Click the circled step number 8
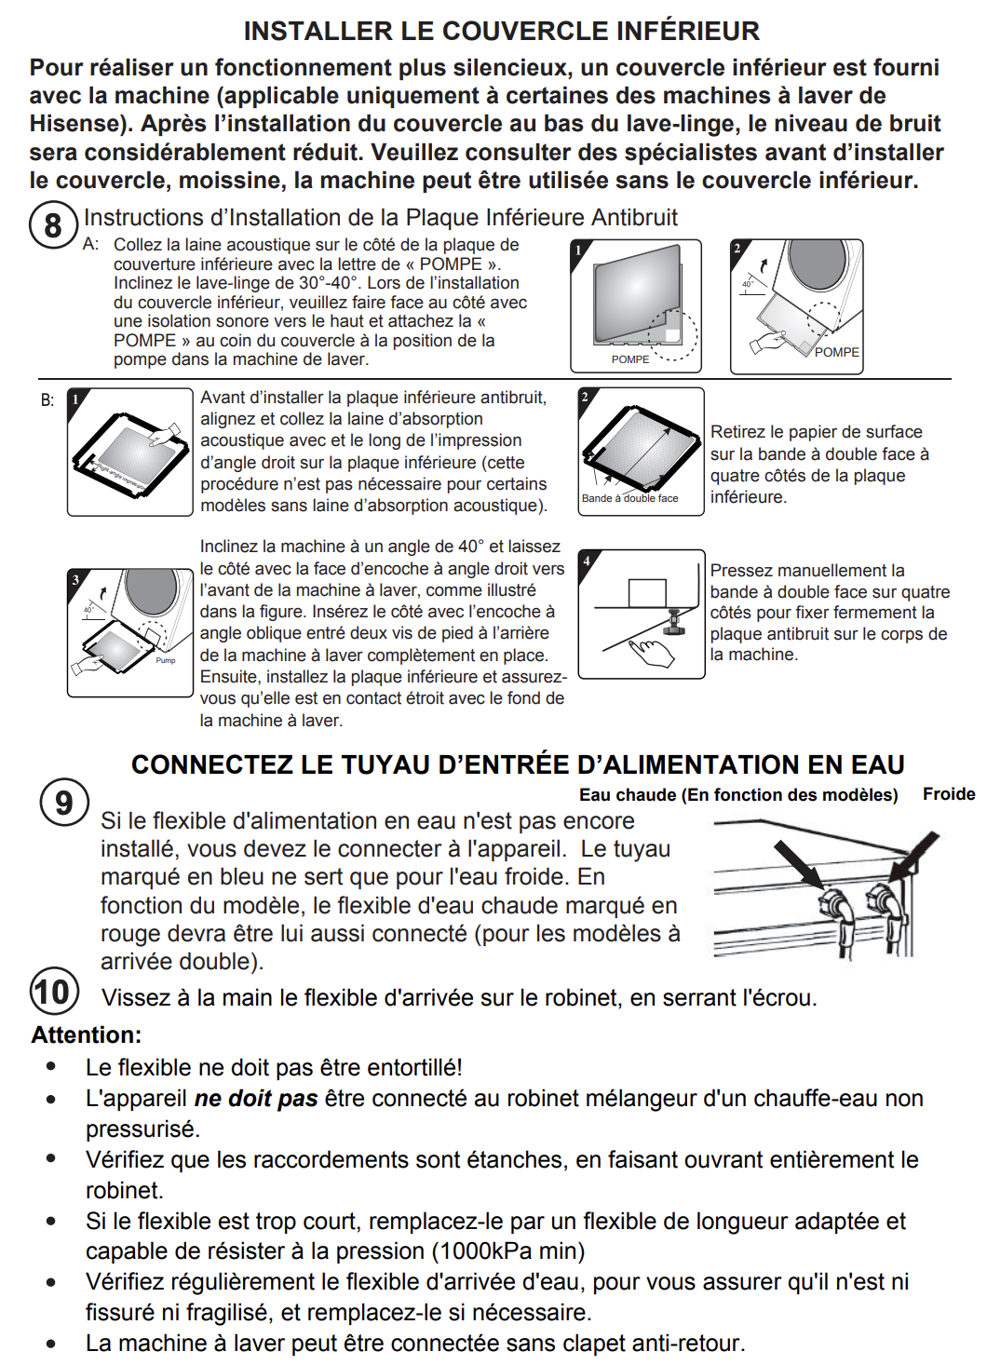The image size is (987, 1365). pyautogui.click(x=52, y=225)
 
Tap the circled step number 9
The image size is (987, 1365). pyautogui.click(x=63, y=803)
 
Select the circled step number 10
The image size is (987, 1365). pyautogui.click(x=53, y=992)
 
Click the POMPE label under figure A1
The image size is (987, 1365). pyautogui.click(x=630, y=359)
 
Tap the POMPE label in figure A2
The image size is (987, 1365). pyautogui.click(x=836, y=352)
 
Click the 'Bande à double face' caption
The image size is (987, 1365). pyautogui.click(x=629, y=498)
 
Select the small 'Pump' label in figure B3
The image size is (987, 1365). pyautogui.click(x=166, y=660)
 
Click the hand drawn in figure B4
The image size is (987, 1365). pyautogui.click(x=652, y=650)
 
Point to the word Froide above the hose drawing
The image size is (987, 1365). pyautogui.click(x=948, y=794)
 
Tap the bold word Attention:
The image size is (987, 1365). pyautogui.click(x=87, y=1034)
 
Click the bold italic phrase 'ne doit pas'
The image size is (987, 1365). pyautogui.click(x=256, y=1099)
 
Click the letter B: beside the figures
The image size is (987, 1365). pyautogui.click(x=47, y=400)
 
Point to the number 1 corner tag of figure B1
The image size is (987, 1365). pyautogui.click(x=75, y=398)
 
